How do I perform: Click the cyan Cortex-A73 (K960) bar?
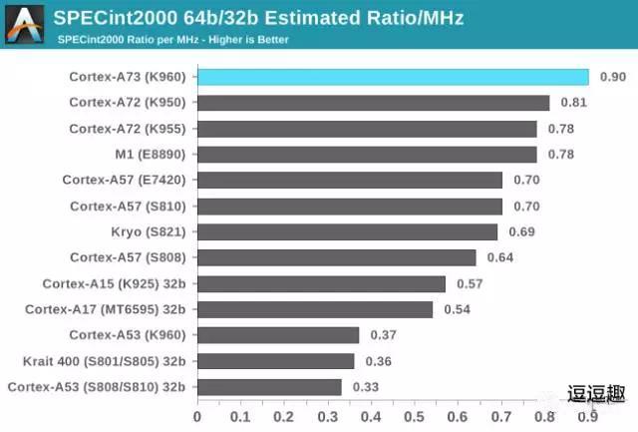(x=393, y=77)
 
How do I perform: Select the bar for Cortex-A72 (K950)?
(x=374, y=103)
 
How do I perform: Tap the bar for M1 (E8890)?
(x=367, y=155)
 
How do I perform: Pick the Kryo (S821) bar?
(x=347, y=231)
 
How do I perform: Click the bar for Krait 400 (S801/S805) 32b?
(x=276, y=361)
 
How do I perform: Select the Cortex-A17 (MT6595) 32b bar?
(x=315, y=309)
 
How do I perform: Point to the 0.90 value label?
(x=613, y=77)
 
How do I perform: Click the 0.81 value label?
(x=573, y=103)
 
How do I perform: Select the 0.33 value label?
(x=366, y=387)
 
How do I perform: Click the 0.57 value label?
(x=470, y=283)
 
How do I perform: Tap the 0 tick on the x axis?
(x=197, y=417)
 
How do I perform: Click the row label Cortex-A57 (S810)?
(x=129, y=207)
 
